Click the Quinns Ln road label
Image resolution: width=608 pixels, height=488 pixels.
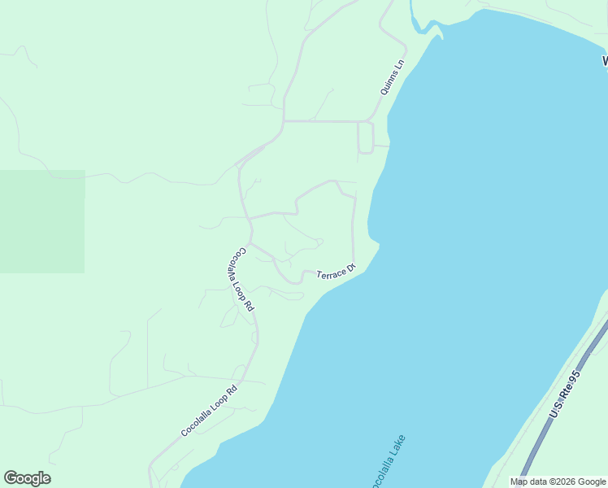click(x=391, y=78)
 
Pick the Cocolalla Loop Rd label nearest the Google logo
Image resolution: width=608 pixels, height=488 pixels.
click(x=209, y=411)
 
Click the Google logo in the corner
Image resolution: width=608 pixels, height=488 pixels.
click(x=27, y=478)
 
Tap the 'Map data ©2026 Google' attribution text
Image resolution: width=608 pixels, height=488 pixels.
click(x=558, y=481)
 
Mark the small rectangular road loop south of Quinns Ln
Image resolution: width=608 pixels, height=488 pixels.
click(x=365, y=137)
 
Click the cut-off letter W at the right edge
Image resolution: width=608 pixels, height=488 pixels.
click(x=605, y=61)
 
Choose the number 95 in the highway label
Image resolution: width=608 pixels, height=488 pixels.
click(x=574, y=379)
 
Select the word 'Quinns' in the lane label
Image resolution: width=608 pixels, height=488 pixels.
click(x=389, y=84)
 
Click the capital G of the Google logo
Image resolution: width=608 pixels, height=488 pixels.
click(x=11, y=478)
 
